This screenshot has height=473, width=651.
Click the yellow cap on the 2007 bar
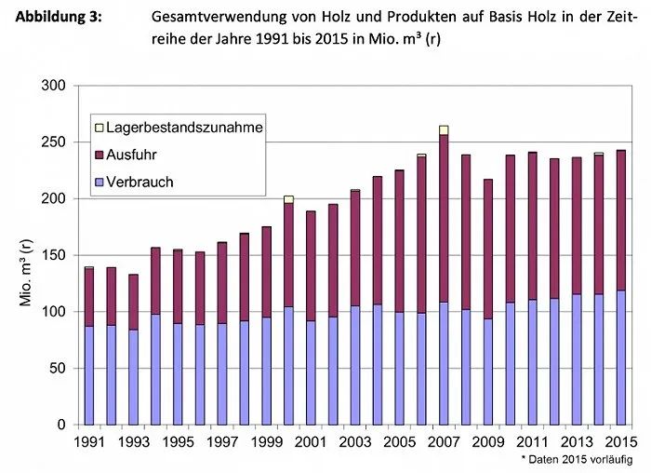[444, 130]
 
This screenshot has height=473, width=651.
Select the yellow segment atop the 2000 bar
[288, 199]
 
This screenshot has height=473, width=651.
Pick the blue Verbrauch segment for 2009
[488, 372]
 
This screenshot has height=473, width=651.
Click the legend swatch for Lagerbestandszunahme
[98, 127]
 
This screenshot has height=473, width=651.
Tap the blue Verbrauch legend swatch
[98, 182]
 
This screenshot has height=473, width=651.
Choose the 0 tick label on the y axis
[61, 425]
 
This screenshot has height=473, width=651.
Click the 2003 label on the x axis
[355, 441]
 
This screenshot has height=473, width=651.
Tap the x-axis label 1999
[266, 441]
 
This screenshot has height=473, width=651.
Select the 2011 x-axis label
[533, 441]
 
